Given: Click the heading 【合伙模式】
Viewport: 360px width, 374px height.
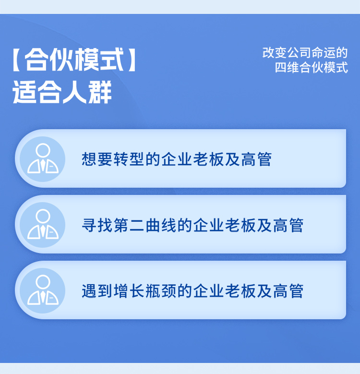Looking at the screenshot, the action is (74, 60).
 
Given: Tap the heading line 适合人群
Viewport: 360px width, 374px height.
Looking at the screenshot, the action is (62, 92).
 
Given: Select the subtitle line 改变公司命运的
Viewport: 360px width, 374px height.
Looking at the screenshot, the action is (305, 53).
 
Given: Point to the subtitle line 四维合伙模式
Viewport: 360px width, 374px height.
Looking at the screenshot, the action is (312, 67).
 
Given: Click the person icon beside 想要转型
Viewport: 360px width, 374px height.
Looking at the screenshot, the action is (43, 159).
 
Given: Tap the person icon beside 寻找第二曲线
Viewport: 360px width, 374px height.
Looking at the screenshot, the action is (43, 225).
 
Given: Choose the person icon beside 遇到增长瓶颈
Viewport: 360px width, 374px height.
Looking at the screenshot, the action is (43, 290).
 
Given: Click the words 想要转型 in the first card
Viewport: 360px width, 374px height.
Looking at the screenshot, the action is (113, 159).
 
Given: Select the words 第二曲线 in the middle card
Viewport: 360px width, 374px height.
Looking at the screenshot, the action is (145, 225).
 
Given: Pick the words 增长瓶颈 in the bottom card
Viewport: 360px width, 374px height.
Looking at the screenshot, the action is (145, 291).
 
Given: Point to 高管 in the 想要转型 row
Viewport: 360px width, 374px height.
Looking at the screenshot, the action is (256, 159).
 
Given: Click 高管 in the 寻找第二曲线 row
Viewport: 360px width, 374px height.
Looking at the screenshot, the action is (288, 225).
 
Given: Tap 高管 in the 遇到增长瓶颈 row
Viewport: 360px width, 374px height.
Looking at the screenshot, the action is (288, 291).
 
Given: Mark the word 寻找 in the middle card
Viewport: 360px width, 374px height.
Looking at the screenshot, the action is (97, 225).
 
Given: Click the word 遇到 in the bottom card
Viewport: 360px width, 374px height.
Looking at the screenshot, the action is (97, 291).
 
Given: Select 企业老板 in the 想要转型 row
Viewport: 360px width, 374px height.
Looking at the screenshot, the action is (192, 159).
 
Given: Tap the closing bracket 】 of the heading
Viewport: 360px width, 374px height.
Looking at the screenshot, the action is (132, 60).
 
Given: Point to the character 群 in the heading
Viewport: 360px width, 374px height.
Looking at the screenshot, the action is (100, 92).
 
